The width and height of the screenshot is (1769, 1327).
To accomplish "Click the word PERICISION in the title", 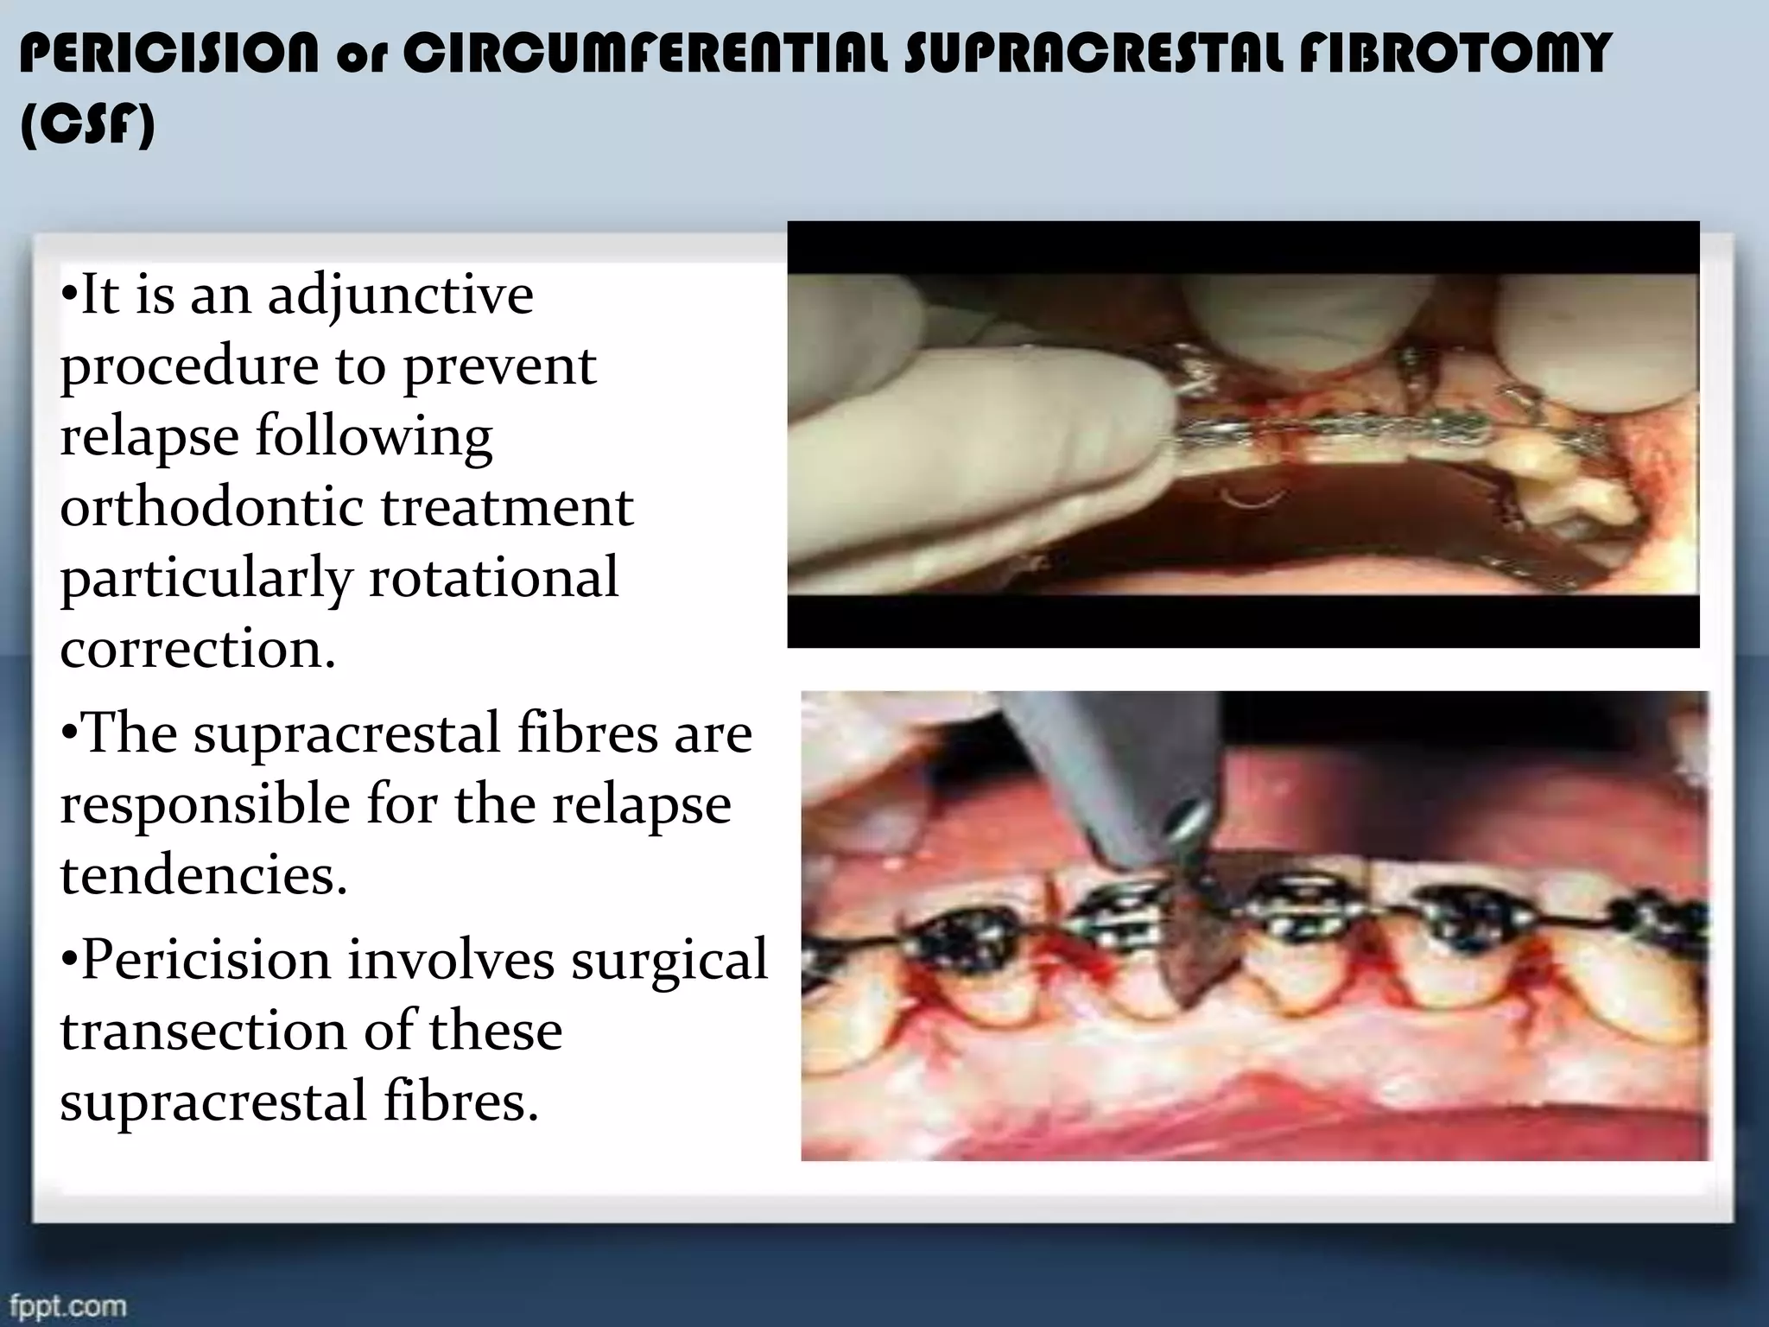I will [168, 54].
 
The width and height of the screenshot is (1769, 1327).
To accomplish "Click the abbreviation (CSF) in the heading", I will [87, 126].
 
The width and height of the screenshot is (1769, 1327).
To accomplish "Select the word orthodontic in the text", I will [212, 507].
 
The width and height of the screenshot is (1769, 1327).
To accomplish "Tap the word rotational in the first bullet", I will [494, 578].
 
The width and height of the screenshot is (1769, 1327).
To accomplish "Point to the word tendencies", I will [203, 875].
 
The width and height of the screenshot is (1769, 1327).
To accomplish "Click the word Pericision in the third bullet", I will [205, 961].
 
